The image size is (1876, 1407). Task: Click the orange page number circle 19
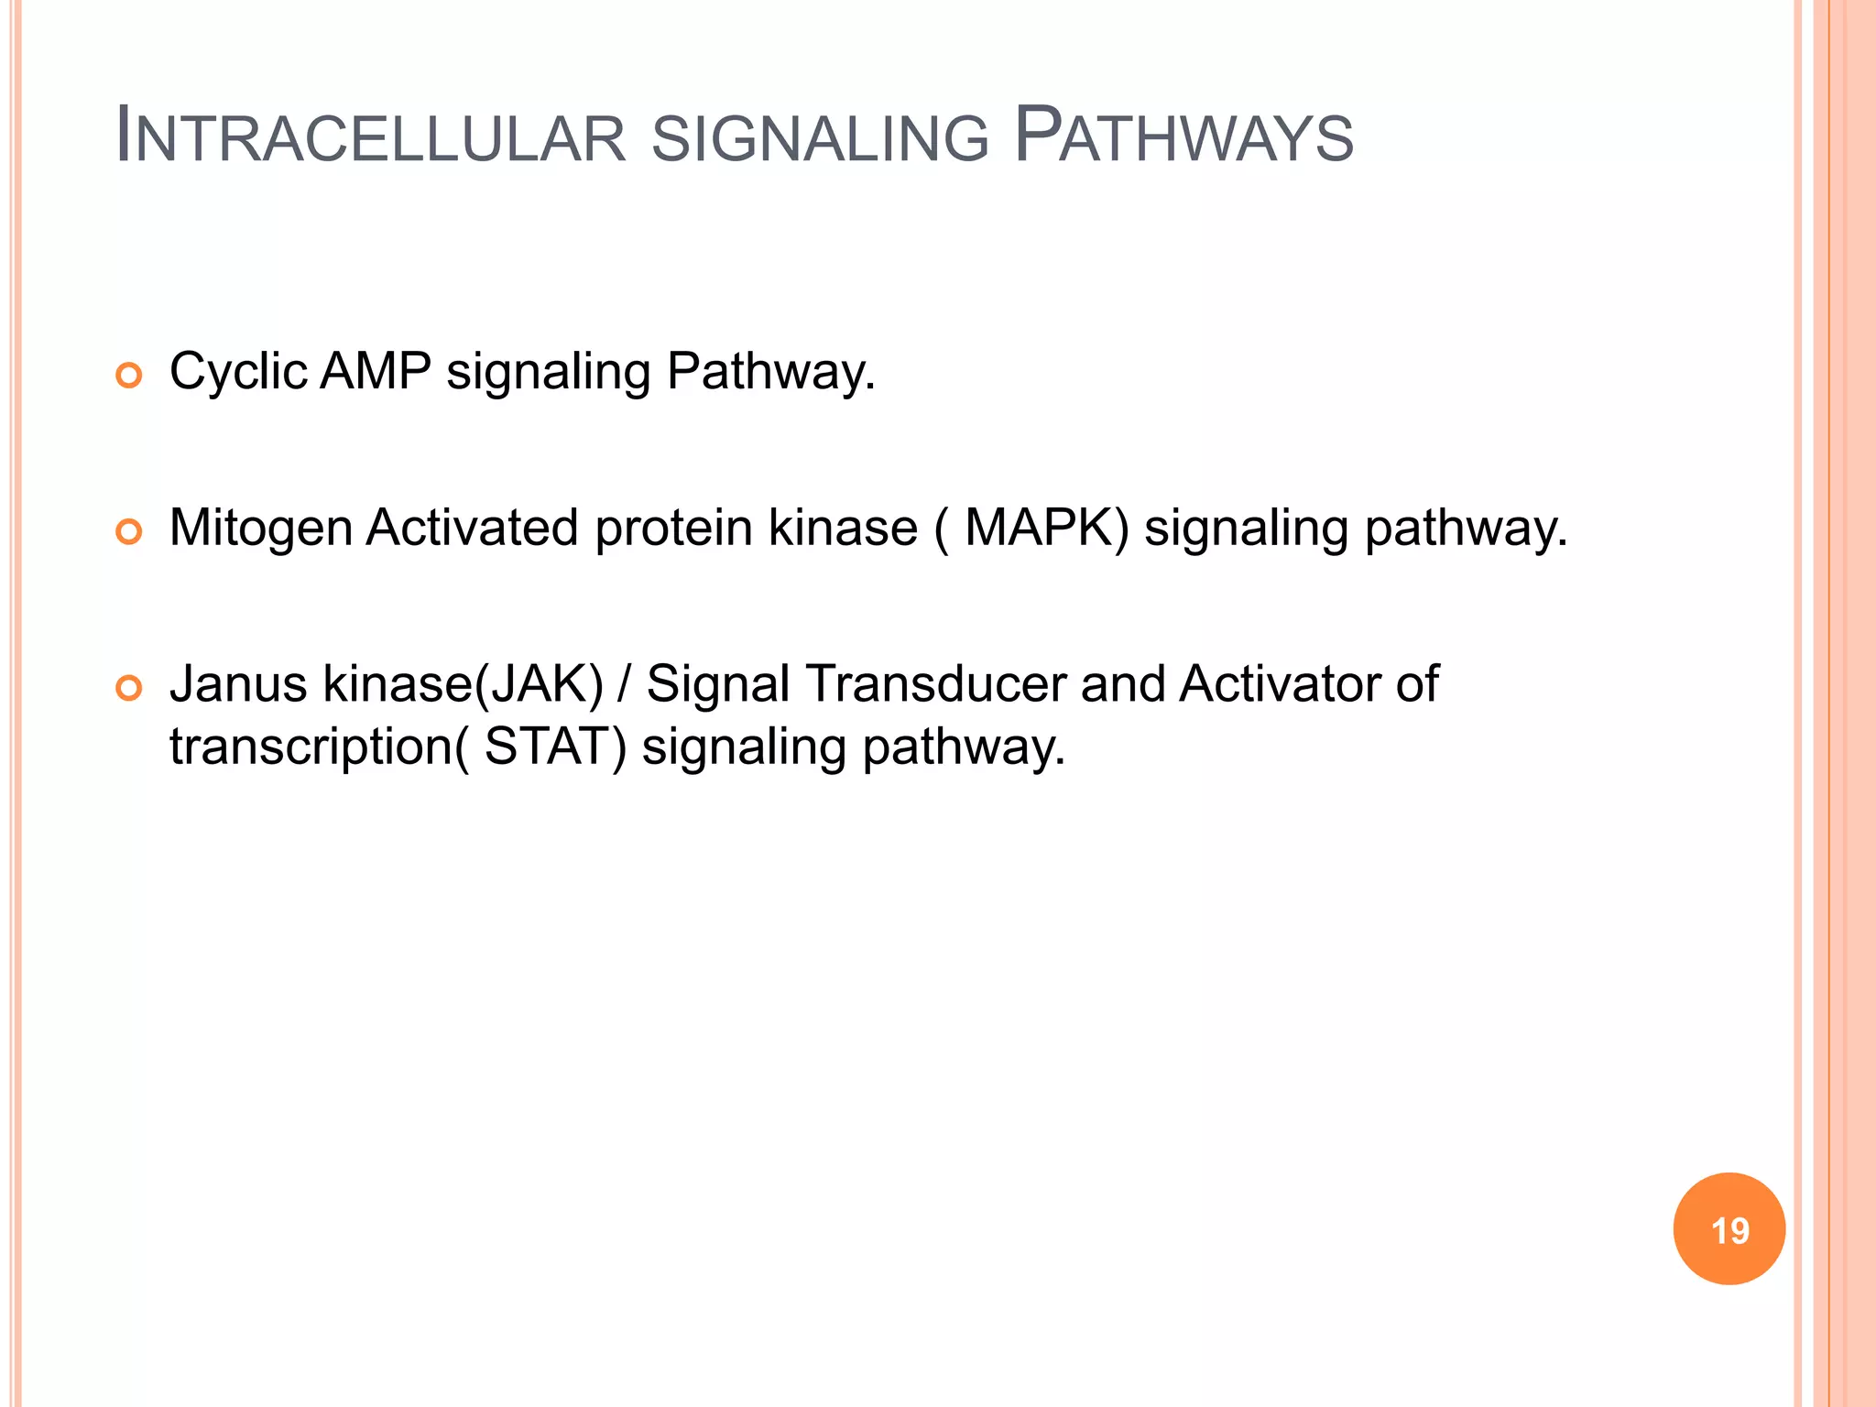click(1729, 1228)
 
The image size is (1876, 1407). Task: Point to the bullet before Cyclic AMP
click(129, 376)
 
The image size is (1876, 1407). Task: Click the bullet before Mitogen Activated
click(129, 531)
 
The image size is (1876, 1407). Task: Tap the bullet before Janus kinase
click(129, 688)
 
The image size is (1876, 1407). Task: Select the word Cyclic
click(238, 372)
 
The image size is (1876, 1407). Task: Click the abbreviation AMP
click(376, 372)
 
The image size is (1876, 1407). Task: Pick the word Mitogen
click(261, 529)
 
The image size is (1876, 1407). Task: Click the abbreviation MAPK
click(1040, 529)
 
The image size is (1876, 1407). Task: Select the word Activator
click(1280, 684)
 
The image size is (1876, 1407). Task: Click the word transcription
click(311, 747)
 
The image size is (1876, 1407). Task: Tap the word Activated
click(472, 529)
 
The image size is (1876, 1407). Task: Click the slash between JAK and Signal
click(625, 684)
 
